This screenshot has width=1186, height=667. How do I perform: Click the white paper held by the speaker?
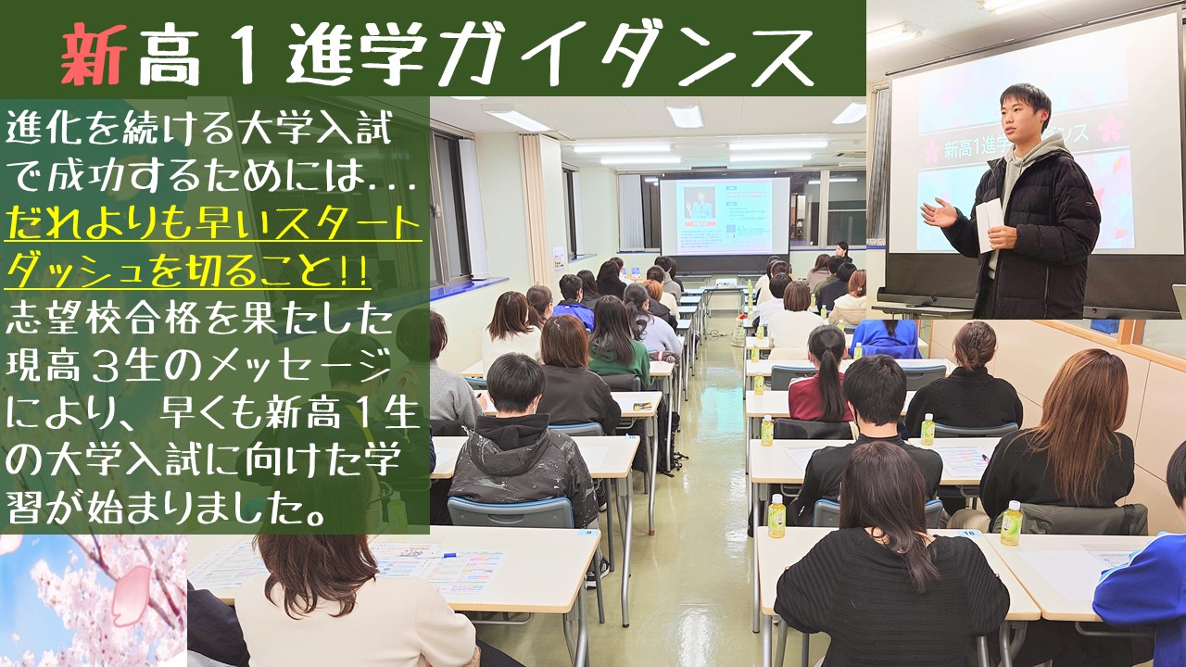pos(989,225)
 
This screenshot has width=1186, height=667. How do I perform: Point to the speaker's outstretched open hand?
pos(939,213)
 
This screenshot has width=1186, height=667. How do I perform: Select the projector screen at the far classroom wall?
pos(724,216)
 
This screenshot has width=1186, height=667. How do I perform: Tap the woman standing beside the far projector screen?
pos(842,252)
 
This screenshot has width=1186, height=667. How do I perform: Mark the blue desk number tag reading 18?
pos(969,535)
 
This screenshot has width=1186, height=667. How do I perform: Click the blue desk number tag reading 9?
pos(588,533)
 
